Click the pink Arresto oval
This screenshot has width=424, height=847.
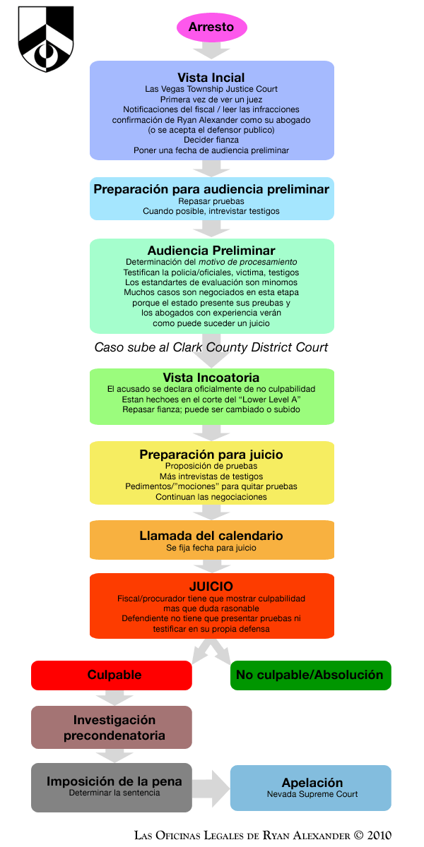click(211, 28)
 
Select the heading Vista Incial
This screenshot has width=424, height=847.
click(211, 78)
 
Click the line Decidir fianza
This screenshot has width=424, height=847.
click(211, 140)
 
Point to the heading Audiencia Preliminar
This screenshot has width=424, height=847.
click(211, 251)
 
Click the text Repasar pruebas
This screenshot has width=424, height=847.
click(211, 200)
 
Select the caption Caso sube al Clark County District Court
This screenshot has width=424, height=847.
click(211, 347)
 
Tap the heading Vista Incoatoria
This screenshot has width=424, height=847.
click(211, 378)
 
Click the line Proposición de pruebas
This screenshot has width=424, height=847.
click(211, 465)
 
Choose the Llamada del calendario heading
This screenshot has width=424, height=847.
click(211, 536)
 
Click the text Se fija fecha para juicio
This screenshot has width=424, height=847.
click(211, 548)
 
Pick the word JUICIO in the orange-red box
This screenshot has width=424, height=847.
click(211, 587)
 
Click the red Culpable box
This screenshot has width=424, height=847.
click(112, 675)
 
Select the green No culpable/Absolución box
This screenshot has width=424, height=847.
click(310, 675)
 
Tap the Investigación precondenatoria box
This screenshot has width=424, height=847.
click(112, 727)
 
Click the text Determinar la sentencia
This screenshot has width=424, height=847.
click(114, 793)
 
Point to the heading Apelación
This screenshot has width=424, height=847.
click(312, 783)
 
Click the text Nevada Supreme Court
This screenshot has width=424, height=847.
click(312, 794)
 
